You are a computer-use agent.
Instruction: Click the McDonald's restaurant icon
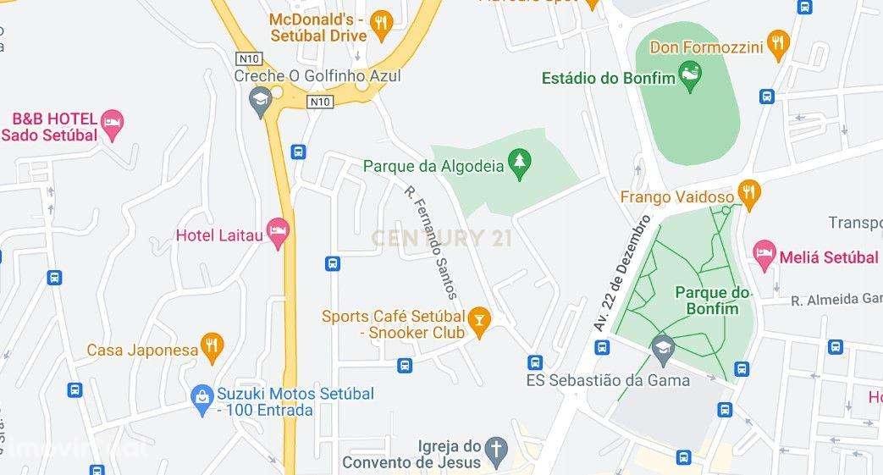[382, 24]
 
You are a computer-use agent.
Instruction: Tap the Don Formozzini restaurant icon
[778, 42]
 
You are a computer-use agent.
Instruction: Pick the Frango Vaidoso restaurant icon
[747, 192]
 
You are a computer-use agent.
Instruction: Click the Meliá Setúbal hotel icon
[764, 254]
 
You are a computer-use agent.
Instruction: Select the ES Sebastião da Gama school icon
[661, 347]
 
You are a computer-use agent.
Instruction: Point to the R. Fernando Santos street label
[431, 242]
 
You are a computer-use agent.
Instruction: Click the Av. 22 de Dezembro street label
[621, 272]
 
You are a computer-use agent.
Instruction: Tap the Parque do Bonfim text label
[713, 301]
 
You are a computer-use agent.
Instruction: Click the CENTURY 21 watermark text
[441, 239]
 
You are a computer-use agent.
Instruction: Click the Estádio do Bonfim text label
[611, 80]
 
